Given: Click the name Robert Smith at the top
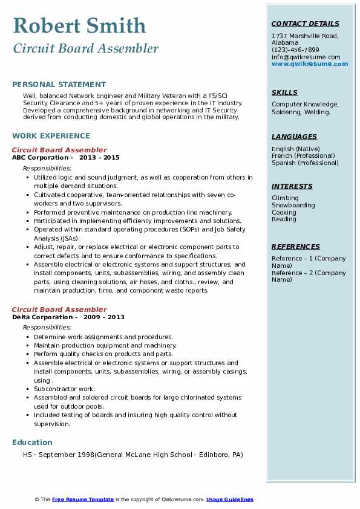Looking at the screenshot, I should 79,25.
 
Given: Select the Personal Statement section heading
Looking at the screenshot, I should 59,85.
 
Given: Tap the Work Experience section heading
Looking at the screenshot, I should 51,136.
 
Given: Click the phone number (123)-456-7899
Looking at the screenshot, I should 295,50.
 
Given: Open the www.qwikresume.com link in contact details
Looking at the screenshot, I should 310,63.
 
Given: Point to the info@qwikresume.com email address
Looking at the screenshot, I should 306,57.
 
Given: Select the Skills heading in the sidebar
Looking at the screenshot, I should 284,92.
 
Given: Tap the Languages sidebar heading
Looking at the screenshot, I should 294,137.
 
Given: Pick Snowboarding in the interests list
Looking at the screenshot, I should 293,205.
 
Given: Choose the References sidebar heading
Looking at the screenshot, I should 296,247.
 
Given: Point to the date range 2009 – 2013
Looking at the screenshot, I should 103,317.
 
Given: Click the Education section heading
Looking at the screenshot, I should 32,443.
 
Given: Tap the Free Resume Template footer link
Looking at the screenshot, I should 83,499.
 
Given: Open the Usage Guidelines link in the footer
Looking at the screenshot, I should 229,499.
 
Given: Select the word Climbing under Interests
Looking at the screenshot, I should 285,198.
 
